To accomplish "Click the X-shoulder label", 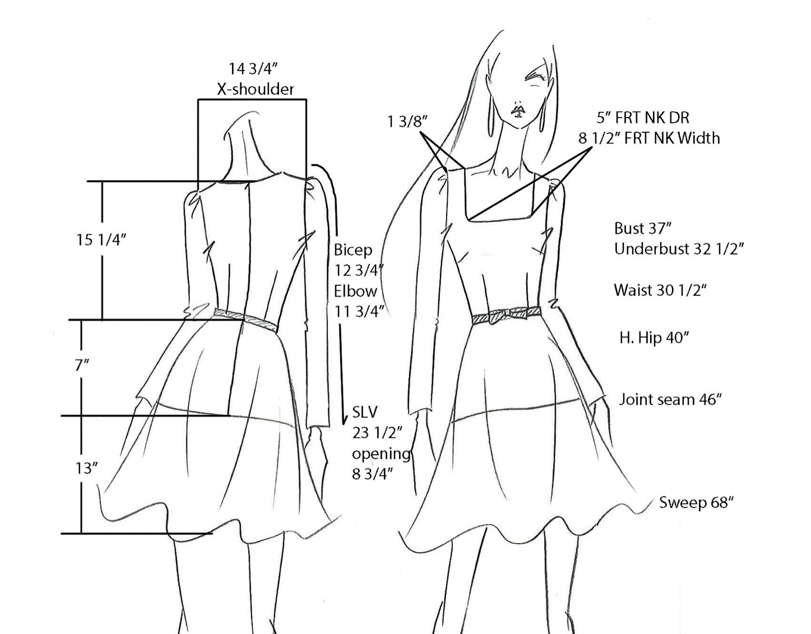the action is (255, 89).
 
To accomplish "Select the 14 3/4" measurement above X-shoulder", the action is (253, 69).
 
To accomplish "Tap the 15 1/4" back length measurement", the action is (101, 240).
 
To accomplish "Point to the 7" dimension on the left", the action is (82, 365).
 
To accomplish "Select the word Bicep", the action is (353, 249).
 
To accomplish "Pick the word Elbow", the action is (356, 291).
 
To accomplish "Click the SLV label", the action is (365, 413).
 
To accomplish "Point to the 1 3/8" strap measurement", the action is (407, 121).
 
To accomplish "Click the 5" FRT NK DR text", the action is (643, 118).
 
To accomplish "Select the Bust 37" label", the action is (642, 228).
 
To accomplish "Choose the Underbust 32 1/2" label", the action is (679, 248).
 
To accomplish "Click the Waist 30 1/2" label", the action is (660, 290).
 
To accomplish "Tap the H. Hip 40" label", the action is (654, 337).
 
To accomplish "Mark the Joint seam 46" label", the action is (670, 399).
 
